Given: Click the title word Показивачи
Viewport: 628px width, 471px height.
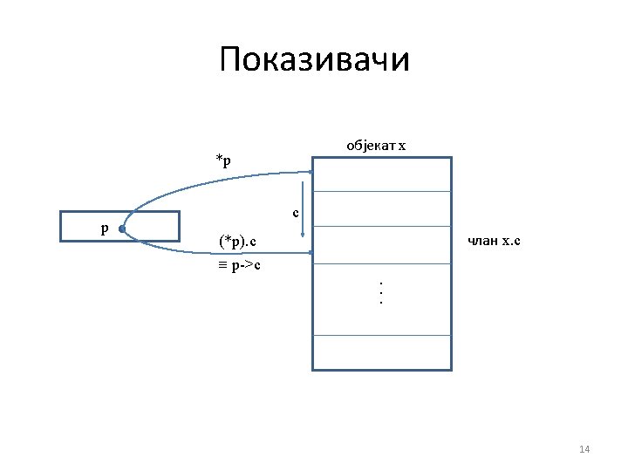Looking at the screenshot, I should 314,60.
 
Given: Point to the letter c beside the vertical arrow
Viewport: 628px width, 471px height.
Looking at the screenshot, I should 296,212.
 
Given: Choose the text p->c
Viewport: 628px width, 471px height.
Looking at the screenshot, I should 249,264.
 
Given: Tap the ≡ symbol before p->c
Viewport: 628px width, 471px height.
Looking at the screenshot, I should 222,264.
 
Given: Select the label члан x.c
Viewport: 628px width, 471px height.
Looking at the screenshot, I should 494,241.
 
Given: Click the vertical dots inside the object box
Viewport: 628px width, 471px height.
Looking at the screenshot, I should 381,291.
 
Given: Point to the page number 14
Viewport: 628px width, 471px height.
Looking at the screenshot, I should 584,449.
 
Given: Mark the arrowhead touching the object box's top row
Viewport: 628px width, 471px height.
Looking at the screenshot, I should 310,172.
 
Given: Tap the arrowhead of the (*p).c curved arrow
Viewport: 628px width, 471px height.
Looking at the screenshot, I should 309,254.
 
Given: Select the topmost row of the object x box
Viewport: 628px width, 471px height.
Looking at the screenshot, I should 382,174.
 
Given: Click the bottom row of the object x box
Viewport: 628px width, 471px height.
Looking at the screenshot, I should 382,352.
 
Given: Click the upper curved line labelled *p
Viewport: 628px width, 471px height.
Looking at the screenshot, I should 218,180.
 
